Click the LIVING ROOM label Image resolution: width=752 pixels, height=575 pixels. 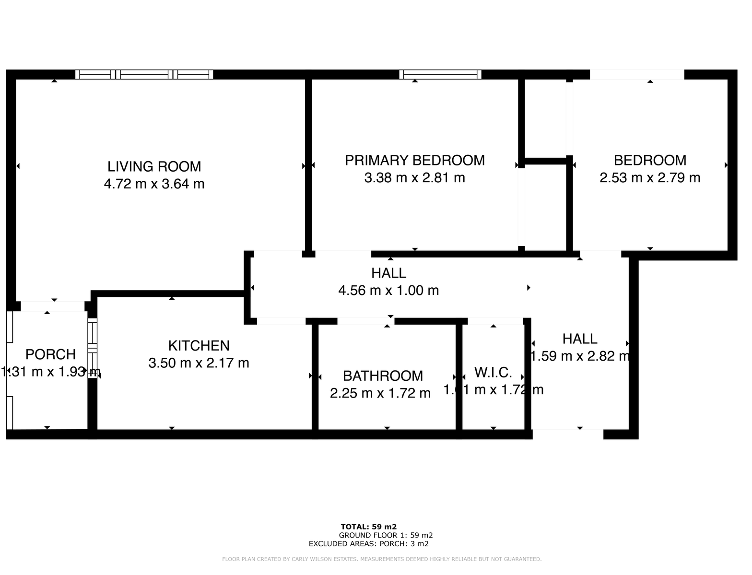click(x=154, y=166)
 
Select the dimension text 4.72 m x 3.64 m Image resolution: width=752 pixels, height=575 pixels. click(x=154, y=184)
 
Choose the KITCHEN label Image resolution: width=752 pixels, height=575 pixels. click(x=199, y=345)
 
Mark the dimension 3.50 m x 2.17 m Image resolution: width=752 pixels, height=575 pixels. click(x=199, y=363)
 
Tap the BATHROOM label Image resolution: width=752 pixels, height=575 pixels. click(x=383, y=376)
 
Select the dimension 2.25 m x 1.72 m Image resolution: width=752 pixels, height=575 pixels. click(x=380, y=393)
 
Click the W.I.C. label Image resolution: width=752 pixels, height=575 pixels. click(x=493, y=372)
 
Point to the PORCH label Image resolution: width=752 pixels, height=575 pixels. click(x=50, y=354)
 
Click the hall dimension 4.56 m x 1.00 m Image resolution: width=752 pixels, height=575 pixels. click(x=388, y=290)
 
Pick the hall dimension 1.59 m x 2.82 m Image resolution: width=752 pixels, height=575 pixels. click(x=580, y=356)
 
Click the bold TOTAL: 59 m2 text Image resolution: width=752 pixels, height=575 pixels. click(x=368, y=526)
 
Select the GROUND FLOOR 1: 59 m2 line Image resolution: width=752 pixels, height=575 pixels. click(x=386, y=535)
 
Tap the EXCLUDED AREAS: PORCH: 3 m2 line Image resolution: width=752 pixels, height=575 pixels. click(x=368, y=544)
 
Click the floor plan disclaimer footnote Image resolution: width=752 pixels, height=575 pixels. click(x=382, y=559)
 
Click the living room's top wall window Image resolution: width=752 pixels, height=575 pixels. click(x=144, y=74)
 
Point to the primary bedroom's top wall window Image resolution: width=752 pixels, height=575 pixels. click(x=440, y=74)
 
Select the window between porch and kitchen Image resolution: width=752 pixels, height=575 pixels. click(x=93, y=348)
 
